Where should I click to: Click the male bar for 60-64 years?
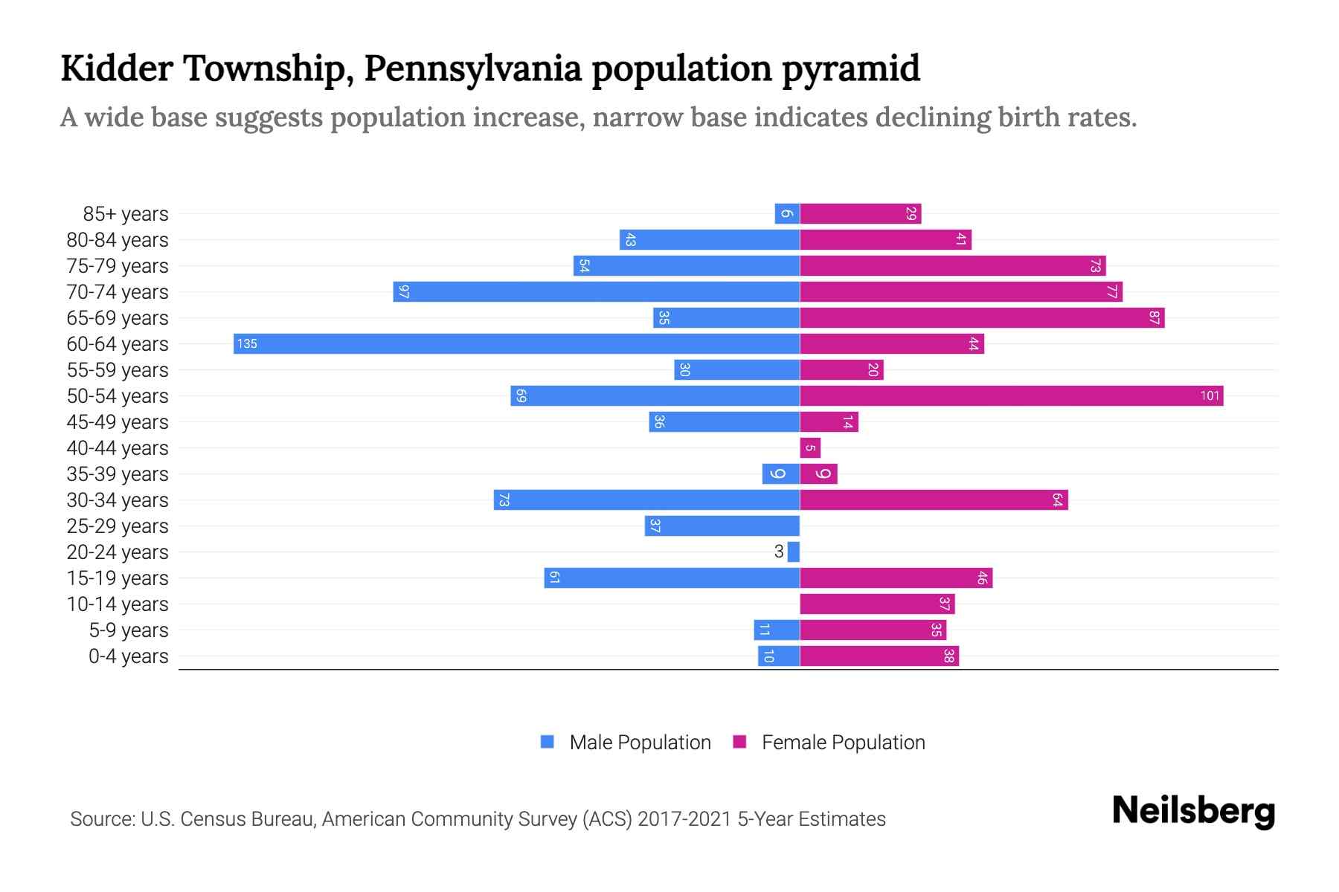tap(516, 343)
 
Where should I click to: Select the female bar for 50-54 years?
tap(1011, 395)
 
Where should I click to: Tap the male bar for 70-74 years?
tap(596, 291)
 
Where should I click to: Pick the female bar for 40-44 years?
tap(810, 447)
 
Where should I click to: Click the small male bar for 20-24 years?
tap(794, 552)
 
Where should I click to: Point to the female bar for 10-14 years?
tap(877, 604)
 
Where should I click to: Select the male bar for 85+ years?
tap(787, 213)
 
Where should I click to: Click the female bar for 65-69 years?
tap(982, 317)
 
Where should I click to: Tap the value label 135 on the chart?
tap(247, 343)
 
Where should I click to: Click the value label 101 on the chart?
tap(1210, 395)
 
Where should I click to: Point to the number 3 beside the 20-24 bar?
tap(779, 552)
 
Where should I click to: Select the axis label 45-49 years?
tap(118, 422)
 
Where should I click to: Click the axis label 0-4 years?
tap(128, 656)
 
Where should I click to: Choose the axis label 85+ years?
tap(126, 214)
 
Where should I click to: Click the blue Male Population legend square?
tap(548, 742)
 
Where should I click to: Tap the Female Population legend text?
tap(843, 742)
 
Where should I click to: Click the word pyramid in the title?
tap(850, 68)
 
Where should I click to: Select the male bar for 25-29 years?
tap(722, 526)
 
